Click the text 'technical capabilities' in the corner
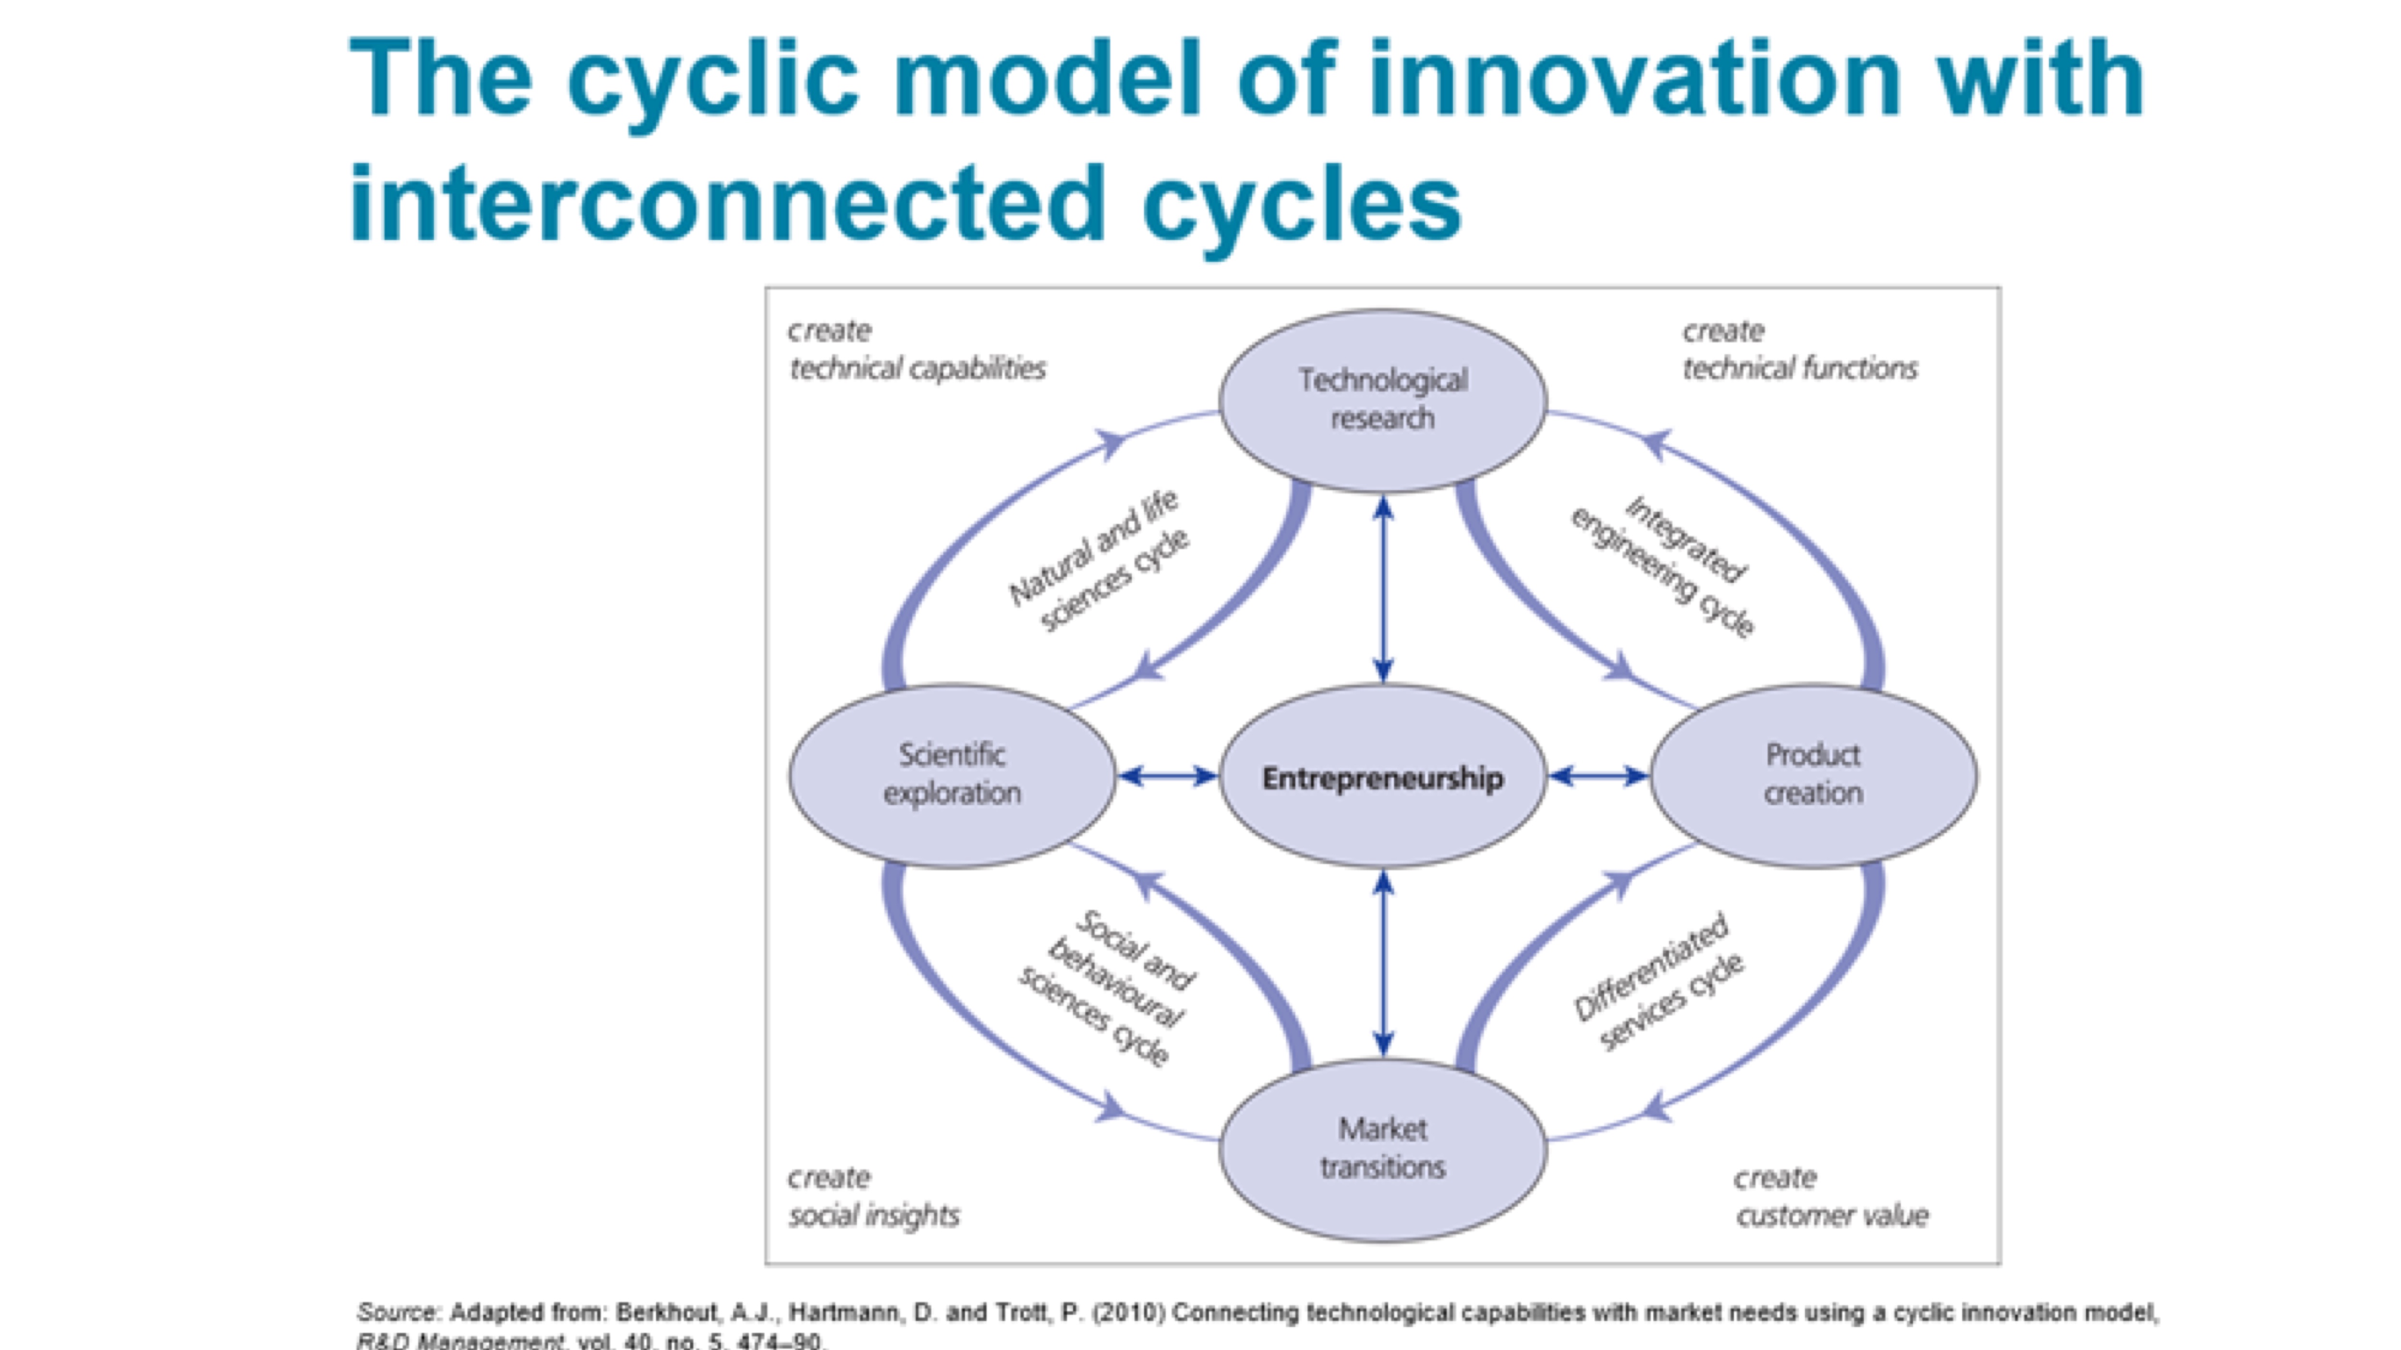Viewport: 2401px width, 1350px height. [917, 369]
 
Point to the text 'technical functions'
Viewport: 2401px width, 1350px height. [1799, 369]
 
